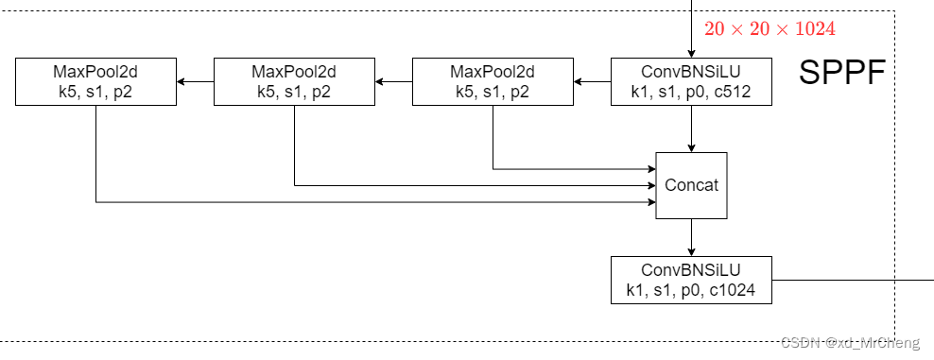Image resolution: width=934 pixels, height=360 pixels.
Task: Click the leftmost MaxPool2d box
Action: point(96,81)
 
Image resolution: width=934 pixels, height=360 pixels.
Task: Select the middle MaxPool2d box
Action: point(294,81)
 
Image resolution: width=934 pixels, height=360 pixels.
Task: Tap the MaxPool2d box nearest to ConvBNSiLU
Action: point(493,81)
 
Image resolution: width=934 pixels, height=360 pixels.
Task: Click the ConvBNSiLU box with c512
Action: point(691,81)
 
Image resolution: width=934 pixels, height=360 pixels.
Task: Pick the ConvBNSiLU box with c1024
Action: point(691,280)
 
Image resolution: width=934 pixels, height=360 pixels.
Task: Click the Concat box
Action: point(691,185)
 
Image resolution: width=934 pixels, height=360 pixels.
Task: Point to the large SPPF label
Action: point(841,73)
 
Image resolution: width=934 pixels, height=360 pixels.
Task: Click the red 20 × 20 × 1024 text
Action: point(770,29)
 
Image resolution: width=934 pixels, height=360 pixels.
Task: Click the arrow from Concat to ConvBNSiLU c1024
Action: point(691,237)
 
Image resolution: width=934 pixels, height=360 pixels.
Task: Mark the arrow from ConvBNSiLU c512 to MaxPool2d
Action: point(592,81)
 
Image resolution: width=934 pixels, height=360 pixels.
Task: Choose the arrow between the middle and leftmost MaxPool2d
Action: point(196,81)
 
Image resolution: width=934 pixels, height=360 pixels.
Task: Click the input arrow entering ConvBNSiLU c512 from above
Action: point(691,28)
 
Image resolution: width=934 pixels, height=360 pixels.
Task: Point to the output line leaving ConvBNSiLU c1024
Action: point(851,280)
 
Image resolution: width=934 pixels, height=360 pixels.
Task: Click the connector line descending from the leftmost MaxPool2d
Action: point(96,151)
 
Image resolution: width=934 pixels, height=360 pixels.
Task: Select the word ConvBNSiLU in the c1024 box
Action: point(691,270)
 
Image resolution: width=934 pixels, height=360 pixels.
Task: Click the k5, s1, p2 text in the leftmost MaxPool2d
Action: point(96,92)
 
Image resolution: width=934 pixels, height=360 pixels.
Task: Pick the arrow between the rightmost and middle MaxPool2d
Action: point(393,81)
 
